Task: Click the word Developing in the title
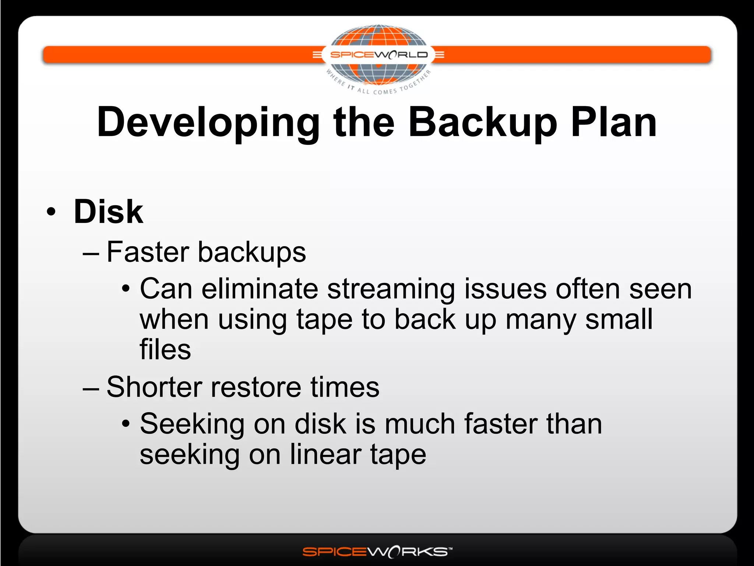pyautogui.click(x=208, y=123)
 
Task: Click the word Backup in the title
pyautogui.click(x=482, y=123)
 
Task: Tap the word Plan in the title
pyautogui.click(x=614, y=123)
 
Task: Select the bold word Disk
pyautogui.click(x=108, y=212)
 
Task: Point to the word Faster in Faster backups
pyautogui.click(x=148, y=252)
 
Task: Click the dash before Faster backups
pyautogui.click(x=91, y=254)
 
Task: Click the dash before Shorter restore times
pyautogui.click(x=91, y=389)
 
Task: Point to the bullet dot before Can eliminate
pyautogui.click(x=126, y=289)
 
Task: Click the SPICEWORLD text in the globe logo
pyautogui.click(x=378, y=55)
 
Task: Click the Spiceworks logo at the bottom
pyautogui.click(x=377, y=552)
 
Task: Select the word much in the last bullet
pyautogui.click(x=420, y=424)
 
